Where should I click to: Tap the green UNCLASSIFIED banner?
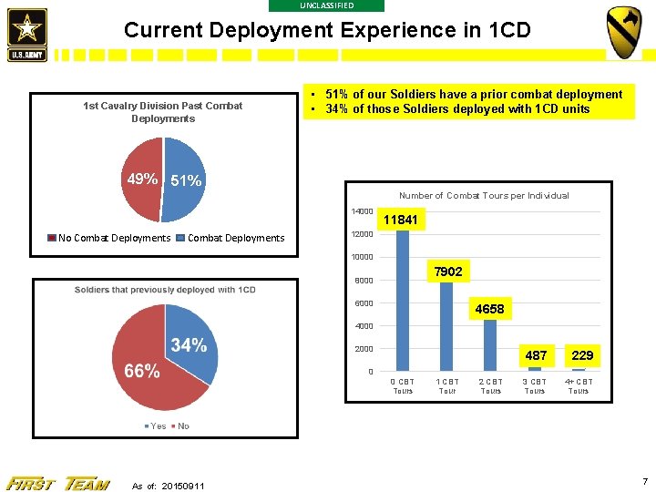pos(327,5)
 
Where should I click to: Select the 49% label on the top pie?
pos(143,179)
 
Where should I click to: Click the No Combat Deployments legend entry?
pos(108,239)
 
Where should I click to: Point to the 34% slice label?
pos(189,345)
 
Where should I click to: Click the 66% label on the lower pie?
pos(141,371)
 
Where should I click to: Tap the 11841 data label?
pos(401,220)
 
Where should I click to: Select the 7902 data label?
pos(447,272)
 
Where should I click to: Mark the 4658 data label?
pos(489,310)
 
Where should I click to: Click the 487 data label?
pos(536,355)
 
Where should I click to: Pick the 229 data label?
pos(582,355)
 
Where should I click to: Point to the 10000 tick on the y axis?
pos(363,257)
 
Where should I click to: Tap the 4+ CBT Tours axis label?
pos(579,386)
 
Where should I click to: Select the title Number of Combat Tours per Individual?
pos(484,196)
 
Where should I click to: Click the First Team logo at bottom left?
pos(57,483)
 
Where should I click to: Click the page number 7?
pos(644,480)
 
